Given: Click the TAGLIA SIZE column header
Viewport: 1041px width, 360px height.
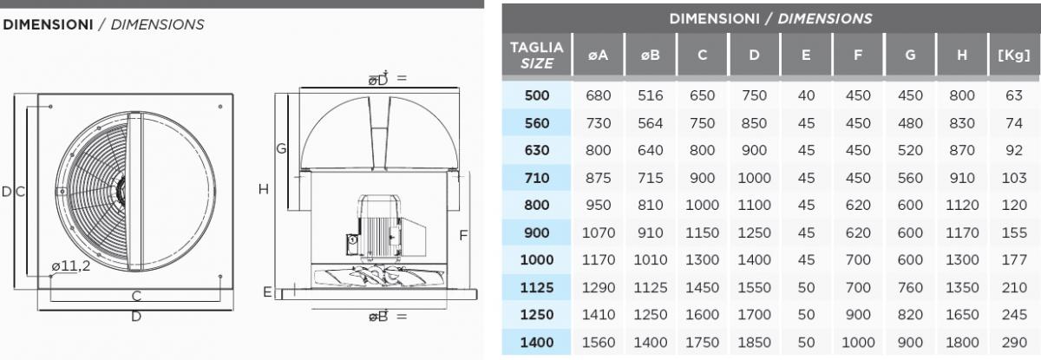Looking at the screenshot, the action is [537, 56].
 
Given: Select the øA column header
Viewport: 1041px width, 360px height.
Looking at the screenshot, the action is [598, 56].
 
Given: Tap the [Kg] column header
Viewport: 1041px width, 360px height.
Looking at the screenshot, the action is [1014, 56].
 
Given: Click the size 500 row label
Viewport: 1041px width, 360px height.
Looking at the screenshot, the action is [537, 95].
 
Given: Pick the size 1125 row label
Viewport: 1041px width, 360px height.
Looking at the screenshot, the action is [537, 287].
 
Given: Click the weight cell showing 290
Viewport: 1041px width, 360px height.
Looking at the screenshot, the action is [1014, 343].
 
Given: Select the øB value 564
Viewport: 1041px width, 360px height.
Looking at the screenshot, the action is [650, 123].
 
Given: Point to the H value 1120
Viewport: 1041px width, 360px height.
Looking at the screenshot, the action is [962, 205].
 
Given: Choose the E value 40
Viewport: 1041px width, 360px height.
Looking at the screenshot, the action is [806, 95].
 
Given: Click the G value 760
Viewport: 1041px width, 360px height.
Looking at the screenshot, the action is [910, 287].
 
